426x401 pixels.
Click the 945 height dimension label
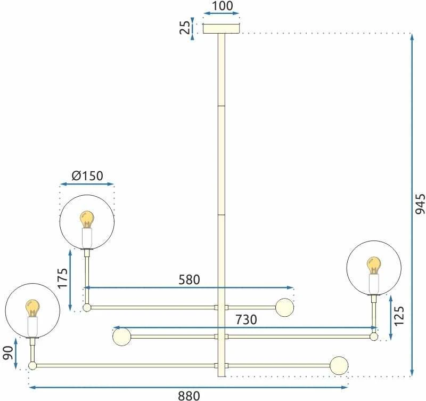tap(420, 204)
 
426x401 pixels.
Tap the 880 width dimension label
tap(189, 396)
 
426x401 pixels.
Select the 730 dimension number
tap(246, 319)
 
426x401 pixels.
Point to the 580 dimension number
tap(189, 279)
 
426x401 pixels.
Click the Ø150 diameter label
tap(87, 176)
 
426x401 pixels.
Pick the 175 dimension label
tap(62, 278)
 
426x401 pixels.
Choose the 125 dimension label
tap(399, 316)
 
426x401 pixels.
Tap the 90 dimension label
tap(9, 353)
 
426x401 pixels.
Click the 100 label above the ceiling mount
tap(222, 6)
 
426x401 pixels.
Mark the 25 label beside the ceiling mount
tap(185, 27)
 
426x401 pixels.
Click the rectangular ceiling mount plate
tap(222, 29)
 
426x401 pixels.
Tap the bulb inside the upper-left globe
tap(87, 220)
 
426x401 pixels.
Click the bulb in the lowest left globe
tap(32, 308)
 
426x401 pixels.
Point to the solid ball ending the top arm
tap(284, 307)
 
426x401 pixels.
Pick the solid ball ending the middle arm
tap(122, 337)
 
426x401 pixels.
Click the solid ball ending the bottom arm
tap(339, 365)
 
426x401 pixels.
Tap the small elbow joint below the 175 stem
tap(87, 308)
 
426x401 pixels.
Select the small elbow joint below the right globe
tap(374, 336)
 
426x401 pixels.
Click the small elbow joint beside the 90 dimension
tap(32, 366)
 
